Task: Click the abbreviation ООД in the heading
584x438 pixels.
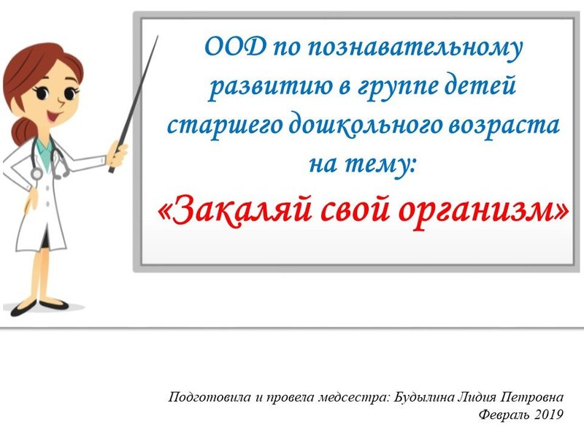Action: pyautogui.click(x=236, y=47)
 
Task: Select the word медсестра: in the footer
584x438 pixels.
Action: pyautogui.click(x=354, y=397)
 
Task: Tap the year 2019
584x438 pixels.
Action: pyautogui.click(x=548, y=414)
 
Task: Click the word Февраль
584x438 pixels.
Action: pyautogui.click(x=504, y=414)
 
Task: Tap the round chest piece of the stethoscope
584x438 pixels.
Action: pyautogui.click(x=36, y=173)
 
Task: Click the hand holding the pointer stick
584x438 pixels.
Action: pyautogui.click(x=117, y=154)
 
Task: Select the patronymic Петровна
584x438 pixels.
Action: pyautogui.click(x=532, y=397)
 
